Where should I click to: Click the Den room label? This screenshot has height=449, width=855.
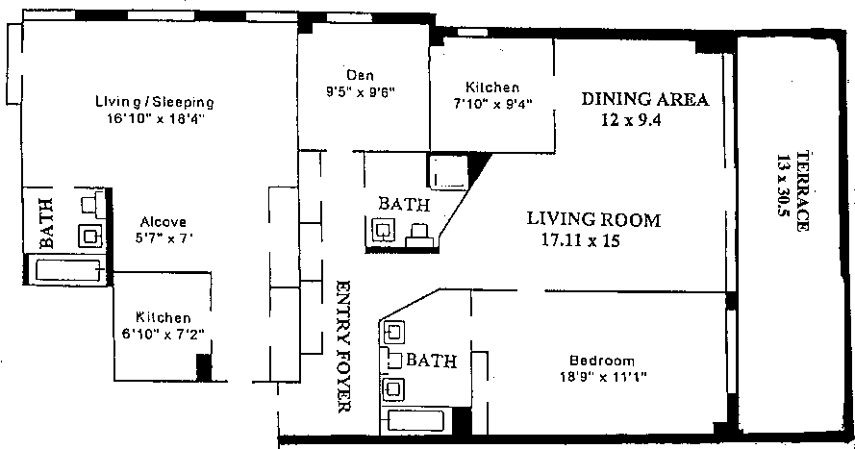coord(360,75)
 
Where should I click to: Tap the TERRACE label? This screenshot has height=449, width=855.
coord(802,191)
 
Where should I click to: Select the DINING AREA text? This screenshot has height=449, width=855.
coord(645,99)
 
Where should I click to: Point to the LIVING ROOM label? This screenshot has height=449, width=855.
coord(593,219)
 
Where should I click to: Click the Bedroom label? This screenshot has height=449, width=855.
coord(602,361)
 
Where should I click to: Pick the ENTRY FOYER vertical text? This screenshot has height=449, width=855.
coord(342,346)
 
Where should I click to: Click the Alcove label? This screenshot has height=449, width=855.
coord(163,222)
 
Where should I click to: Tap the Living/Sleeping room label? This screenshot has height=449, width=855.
coord(155,102)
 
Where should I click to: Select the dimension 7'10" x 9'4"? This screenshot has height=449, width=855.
coord(493,103)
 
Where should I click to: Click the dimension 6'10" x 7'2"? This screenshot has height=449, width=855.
coord(163,333)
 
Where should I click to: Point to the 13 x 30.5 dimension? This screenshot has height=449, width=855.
coord(783,186)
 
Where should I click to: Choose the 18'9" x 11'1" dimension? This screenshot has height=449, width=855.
coord(603,376)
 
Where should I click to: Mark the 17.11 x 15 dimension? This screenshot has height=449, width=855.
coord(580,240)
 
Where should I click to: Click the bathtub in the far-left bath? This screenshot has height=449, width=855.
coord(69,270)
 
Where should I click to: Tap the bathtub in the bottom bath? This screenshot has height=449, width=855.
coord(415,422)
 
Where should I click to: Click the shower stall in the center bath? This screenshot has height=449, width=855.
coord(449,172)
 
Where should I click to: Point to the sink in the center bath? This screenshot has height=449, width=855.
coord(384,230)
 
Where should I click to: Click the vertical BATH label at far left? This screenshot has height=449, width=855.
coord(47,223)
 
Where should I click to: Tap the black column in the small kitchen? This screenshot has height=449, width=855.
coord(203,367)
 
